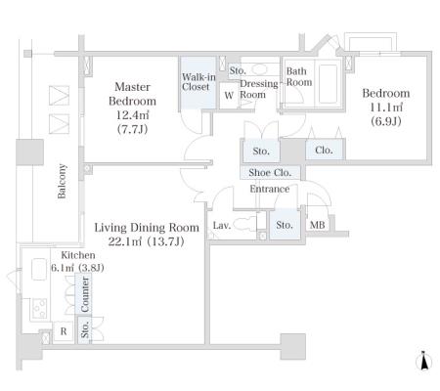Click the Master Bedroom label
point(132,94)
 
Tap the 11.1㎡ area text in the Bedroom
point(386,108)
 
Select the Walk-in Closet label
point(198,82)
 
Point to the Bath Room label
point(299,76)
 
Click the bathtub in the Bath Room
point(328,84)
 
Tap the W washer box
point(229,96)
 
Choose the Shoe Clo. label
point(270,173)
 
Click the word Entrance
point(270,189)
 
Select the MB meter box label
point(317,225)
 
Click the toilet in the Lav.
point(245,224)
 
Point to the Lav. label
point(222,225)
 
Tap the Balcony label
point(62,181)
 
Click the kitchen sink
point(39,269)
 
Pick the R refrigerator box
point(64,331)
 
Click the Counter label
point(84,294)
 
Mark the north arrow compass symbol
point(424,361)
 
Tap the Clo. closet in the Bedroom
point(325,150)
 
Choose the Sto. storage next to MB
point(285,225)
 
